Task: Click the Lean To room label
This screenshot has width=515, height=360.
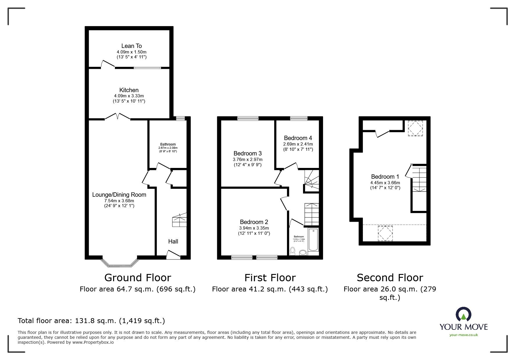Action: click(131, 46)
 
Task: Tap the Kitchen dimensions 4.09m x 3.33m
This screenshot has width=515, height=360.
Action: click(129, 96)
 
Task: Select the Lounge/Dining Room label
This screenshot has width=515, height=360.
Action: click(119, 195)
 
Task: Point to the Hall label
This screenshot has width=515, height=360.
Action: click(173, 241)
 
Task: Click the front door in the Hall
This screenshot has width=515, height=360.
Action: click(173, 255)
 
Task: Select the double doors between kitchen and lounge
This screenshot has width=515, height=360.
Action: click(117, 116)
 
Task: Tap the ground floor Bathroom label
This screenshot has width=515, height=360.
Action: click(168, 144)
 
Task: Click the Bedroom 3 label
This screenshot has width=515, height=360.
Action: click(247, 153)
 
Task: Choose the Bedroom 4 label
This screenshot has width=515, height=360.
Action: click(298, 138)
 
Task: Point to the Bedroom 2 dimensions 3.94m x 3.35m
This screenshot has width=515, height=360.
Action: click(254, 228)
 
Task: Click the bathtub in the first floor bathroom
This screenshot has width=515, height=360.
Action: click(313, 240)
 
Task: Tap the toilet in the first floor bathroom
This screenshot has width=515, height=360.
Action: click(293, 250)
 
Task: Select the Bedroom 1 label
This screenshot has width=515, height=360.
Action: click(385, 177)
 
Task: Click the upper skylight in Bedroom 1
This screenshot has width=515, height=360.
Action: click(415, 128)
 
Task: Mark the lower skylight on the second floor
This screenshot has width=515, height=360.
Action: click(385, 233)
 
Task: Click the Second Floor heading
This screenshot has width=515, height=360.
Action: click(390, 278)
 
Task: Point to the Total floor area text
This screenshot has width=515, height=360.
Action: click(91, 321)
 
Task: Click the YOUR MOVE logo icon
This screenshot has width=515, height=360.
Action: click(463, 314)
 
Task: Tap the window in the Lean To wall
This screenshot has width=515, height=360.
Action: click(147, 68)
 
